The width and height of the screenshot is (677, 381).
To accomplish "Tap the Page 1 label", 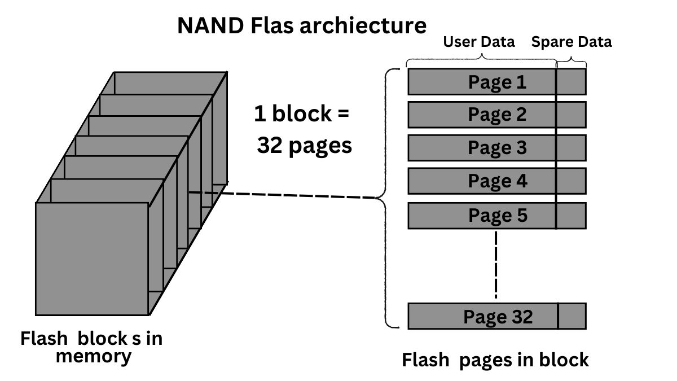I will pos(496,82).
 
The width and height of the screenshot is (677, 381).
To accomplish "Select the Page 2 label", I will pos(496,115).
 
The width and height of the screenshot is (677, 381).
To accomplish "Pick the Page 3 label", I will pos(496,148).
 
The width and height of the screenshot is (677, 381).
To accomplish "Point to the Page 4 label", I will pos(496,181).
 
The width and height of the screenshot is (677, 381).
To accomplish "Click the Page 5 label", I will pos(496,215).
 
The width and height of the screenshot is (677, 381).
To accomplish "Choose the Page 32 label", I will pos(498,316).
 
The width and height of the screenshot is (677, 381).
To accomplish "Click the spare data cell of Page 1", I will pos(571,82).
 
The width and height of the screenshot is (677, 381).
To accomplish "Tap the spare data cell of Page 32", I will pos(572,316).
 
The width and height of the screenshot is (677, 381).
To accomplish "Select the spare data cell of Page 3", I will pos(571,148).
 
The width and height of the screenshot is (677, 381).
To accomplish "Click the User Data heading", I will pos(478,42).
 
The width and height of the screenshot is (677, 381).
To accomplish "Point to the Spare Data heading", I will pos(571,42).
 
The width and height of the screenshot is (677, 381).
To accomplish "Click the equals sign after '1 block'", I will pos(342,114).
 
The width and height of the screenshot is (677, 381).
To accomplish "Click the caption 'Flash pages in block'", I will pos(495,360).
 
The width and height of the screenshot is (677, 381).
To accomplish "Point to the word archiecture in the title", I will pos(363,25).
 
